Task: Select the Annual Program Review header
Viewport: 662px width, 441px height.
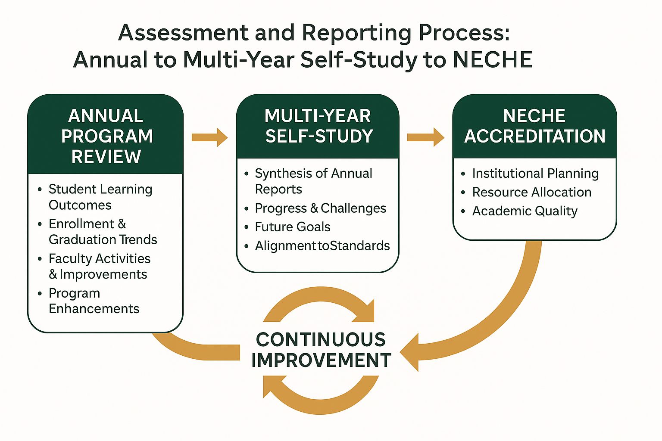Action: click(106, 136)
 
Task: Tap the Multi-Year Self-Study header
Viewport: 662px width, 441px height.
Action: click(318, 126)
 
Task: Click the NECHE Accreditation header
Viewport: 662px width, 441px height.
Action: click(534, 126)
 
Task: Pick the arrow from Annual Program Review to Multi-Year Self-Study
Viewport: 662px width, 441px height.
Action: click(209, 137)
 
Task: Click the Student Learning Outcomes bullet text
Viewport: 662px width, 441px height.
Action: click(100, 197)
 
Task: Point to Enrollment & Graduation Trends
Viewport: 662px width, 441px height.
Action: click(103, 232)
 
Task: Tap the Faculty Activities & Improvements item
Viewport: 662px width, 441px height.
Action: click(99, 266)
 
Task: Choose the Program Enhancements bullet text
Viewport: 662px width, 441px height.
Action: click(94, 301)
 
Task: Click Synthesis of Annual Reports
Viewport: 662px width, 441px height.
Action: click(313, 181)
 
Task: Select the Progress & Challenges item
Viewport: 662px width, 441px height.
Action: click(320, 208)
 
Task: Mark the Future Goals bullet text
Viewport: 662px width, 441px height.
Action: click(293, 227)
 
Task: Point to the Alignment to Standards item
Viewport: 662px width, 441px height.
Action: click(322, 246)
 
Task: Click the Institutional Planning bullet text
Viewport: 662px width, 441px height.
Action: click(535, 174)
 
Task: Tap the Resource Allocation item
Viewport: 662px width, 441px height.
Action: click(532, 192)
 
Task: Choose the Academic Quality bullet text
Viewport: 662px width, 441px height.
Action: click(525, 211)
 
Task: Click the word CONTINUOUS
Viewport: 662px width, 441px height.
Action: click(321, 339)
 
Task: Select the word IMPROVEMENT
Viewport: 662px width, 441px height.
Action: click(321, 360)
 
